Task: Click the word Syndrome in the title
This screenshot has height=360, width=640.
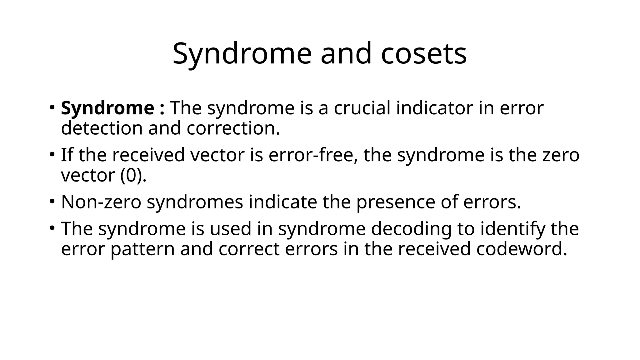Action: click(242, 54)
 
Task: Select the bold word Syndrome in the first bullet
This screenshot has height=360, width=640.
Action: click(107, 108)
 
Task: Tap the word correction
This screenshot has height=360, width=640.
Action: click(233, 128)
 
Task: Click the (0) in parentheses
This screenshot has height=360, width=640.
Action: click(131, 175)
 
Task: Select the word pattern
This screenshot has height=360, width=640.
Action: click(142, 249)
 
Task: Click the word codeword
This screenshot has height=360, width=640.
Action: click(521, 249)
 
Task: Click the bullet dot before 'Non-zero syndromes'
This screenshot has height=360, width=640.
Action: click(52, 202)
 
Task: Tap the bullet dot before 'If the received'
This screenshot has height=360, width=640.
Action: click(52, 154)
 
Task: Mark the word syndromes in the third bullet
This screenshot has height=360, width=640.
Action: click(195, 202)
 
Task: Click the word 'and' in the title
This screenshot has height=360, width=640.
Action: click(346, 54)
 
